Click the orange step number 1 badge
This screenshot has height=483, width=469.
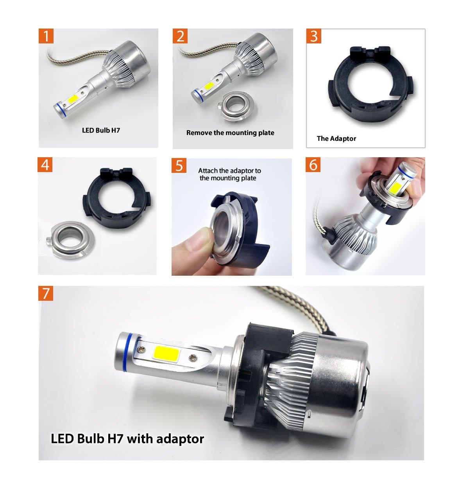tap(46, 36)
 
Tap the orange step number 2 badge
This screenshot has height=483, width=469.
tap(180, 36)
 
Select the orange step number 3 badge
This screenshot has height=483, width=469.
tap(314, 36)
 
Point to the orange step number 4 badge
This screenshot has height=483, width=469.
tap(45, 165)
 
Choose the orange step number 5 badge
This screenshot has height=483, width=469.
tap(179, 165)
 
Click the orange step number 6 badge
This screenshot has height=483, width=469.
tap(313, 165)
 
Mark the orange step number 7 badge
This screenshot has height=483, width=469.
tap(46, 293)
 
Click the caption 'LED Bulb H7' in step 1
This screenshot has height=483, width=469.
tap(101, 130)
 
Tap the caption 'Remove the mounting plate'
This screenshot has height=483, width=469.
tap(230, 133)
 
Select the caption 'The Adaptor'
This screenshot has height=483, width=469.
tap(336, 138)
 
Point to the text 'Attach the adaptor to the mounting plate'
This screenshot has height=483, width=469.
tap(229, 174)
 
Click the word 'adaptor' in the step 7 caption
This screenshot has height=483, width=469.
tap(180, 438)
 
